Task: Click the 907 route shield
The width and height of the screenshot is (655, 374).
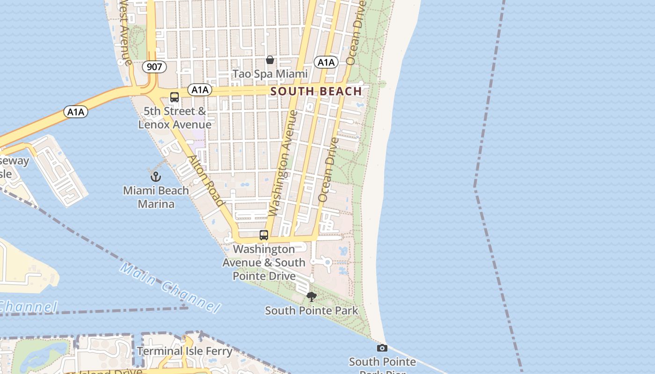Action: point(154,67)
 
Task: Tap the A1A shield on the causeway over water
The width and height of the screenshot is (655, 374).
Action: point(76,112)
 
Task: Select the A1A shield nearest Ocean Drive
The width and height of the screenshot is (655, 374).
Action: point(326,62)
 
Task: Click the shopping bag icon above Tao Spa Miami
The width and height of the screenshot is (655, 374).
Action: point(270,60)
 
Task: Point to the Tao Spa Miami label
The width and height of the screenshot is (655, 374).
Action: point(270,74)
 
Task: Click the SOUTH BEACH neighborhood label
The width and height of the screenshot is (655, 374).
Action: point(316,91)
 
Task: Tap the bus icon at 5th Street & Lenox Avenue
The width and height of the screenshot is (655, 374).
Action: point(175,97)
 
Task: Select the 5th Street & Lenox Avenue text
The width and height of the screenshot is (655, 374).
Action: point(175,118)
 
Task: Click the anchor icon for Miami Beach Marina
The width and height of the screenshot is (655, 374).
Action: point(155,177)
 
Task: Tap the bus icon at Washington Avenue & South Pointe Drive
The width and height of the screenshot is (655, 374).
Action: point(264,235)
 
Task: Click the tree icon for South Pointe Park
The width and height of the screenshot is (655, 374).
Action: point(311,296)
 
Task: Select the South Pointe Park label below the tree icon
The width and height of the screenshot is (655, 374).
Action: point(311,310)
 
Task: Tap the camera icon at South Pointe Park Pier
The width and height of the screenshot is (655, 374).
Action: point(382,348)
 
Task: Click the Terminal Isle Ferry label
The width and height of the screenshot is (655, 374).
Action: point(184,351)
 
